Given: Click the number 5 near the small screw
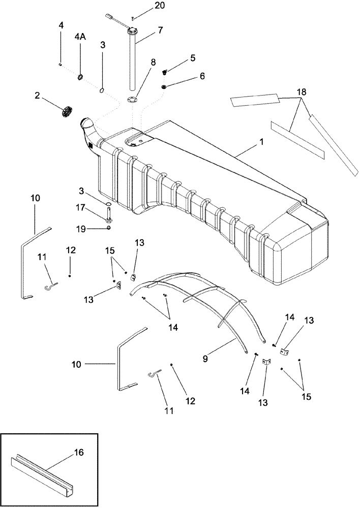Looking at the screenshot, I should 192,58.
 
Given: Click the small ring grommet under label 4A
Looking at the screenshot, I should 80,77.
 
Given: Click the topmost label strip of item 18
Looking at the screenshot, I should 254,100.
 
